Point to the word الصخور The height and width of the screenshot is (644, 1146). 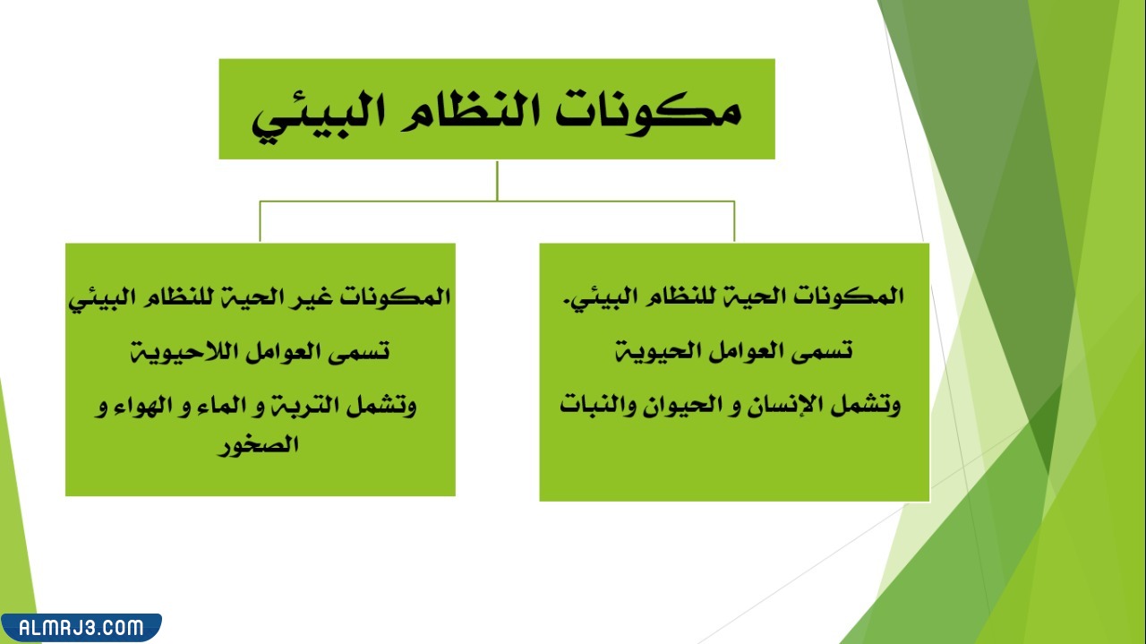pyautogui.click(x=259, y=445)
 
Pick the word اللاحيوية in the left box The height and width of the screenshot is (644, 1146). pyautogui.click(x=179, y=351)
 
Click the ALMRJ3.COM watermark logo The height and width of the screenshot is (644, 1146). pyautogui.click(x=81, y=627)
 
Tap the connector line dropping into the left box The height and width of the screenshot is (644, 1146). pyautogui.click(x=260, y=222)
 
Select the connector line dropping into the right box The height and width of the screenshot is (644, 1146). pyautogui.click(x=734, y=222)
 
